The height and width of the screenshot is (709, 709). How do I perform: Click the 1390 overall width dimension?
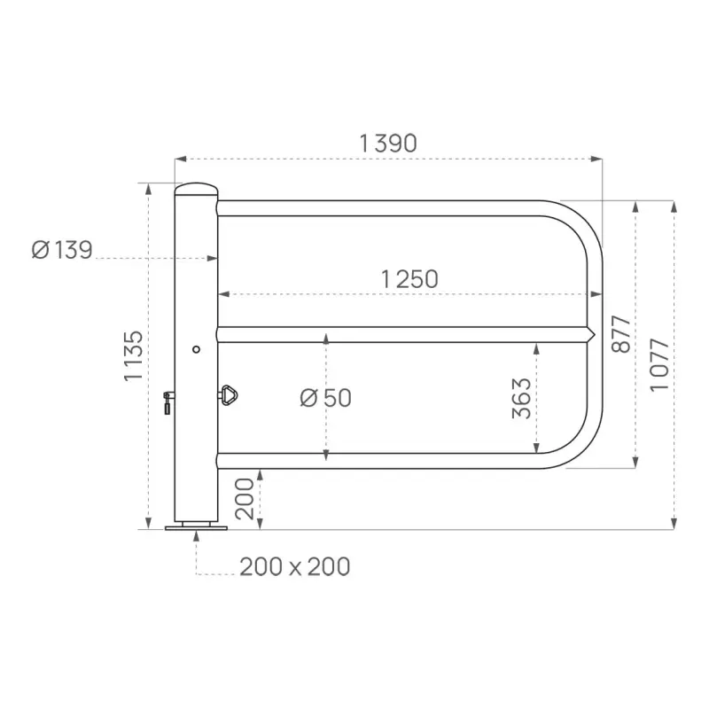tap(387, 144)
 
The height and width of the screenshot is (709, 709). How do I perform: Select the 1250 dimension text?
tap(409, 279)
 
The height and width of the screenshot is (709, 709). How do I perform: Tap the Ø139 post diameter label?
tap(62, 251)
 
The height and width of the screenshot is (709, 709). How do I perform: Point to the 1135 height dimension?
tap(133, 355)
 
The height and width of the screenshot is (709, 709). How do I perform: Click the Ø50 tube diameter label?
tap(325, 399)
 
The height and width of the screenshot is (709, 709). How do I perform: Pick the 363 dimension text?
tap(522, 399)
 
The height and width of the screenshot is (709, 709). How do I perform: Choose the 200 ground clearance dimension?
tap(245, 500)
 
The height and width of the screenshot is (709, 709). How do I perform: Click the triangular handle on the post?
tap(230, 394)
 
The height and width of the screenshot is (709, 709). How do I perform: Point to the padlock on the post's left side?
tap(167, 403)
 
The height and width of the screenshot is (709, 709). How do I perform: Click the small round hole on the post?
tap(197, 348)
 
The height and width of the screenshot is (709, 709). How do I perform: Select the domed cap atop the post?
tap(197, 190)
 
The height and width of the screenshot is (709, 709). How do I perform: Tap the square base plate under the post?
tap(196, 526)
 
